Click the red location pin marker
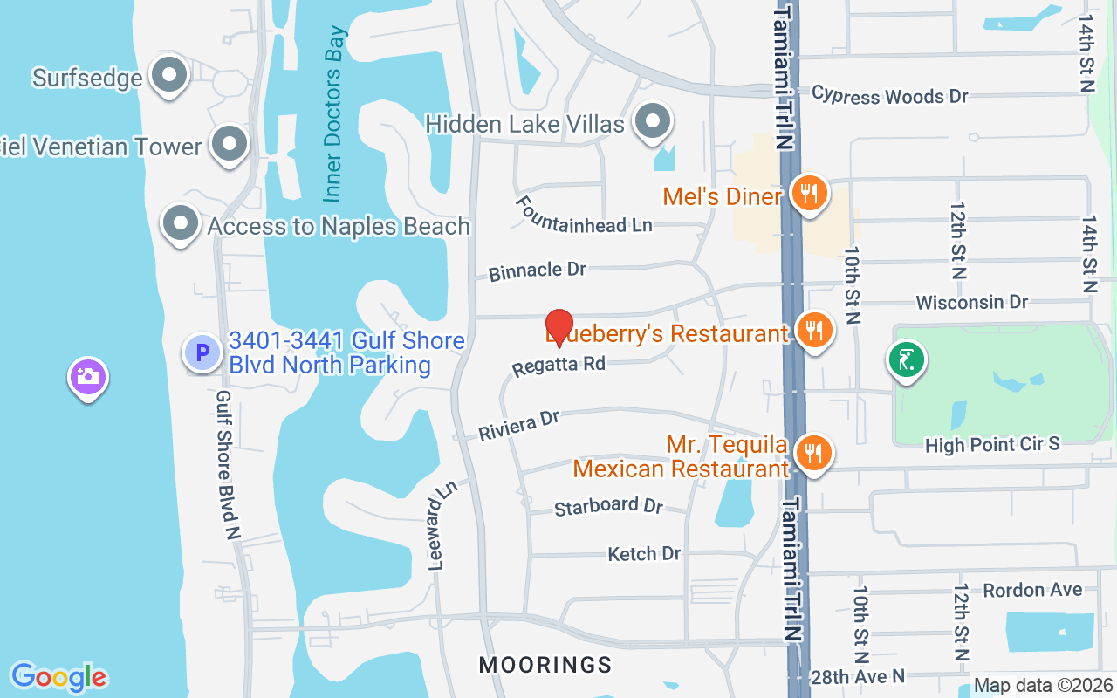click(559, 326)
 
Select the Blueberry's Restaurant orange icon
click(814, 331)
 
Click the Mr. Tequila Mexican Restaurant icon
click(813, 453)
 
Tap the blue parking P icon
click(202, 353)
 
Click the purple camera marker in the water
click(87, 377)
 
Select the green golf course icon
click(907, 359)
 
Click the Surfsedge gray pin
click(168, 76)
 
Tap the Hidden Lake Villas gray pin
click(652, 122)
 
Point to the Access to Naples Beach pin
click(181, 223)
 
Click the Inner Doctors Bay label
click(334, 113)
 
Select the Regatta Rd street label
click(558, 366)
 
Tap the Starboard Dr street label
click(608, 506)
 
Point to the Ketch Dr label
click(644, 553)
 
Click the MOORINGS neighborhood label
click(545, 665)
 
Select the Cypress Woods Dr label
click(889, 94)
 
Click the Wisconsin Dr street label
click(971, 302)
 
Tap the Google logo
click(58, 676)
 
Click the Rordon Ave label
click(1032, 590)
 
